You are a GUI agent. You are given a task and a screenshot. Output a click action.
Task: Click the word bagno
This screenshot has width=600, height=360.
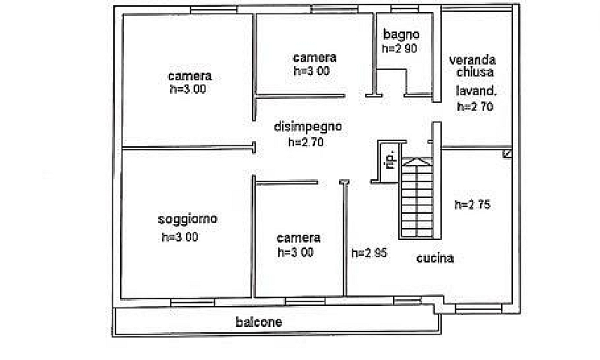pyautogui.click(x=401, y=34)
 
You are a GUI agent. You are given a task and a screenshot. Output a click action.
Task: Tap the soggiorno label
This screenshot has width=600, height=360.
pyautogui.click(x=187, y=219)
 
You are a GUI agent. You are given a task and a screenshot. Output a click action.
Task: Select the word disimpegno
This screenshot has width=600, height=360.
pyautogui.click(x=308, y=127)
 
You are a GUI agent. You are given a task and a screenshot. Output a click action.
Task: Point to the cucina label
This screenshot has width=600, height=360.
pyautogui.click(x=435, y=258)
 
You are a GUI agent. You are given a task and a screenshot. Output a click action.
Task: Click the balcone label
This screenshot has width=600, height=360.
pyautogui.click(x=259, y=322)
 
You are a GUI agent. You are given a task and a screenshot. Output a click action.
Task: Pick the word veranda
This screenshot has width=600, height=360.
pyautogui.click(x=472, y=60)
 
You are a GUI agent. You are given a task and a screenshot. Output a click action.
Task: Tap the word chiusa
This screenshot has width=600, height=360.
pyautogui.click(x=475, y=71)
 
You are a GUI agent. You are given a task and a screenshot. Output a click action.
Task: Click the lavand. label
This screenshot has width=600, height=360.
pyautogui.click(x=476, y=91)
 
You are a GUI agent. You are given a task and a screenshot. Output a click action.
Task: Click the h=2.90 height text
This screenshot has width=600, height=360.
pyautogui.click(x=400, y=49)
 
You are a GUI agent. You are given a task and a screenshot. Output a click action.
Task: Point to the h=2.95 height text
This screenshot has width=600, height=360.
pyautogui.click(x=369, y=253)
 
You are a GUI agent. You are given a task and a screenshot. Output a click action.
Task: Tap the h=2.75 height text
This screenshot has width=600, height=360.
pyautogui.click(x=472, y=205)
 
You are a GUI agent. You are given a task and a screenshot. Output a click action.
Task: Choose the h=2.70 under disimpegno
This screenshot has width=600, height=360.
pyautogui.click(x=306, y=142)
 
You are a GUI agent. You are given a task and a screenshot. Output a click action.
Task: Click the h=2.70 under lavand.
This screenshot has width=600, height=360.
pyautogui.click(x=475, y=106)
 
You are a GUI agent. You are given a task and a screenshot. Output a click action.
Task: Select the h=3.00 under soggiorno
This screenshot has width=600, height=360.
pyautogui.click(x=180, y=237)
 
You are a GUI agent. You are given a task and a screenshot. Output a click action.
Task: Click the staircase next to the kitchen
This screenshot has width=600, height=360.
pyautogui.click(x=416, y=199)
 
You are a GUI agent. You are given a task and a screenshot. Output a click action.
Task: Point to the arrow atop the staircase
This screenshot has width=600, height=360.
pyautogui.click(x=417, y=162)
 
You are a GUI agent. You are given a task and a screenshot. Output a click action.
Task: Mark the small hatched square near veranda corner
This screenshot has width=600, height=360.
pyautogui.click(x=508, y=154)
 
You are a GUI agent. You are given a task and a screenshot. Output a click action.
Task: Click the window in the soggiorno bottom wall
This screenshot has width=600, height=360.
pyautogui.click(x=193, y=302)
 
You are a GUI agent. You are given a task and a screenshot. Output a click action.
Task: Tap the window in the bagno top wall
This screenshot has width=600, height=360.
pyautogui.click(x=405, y=8)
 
